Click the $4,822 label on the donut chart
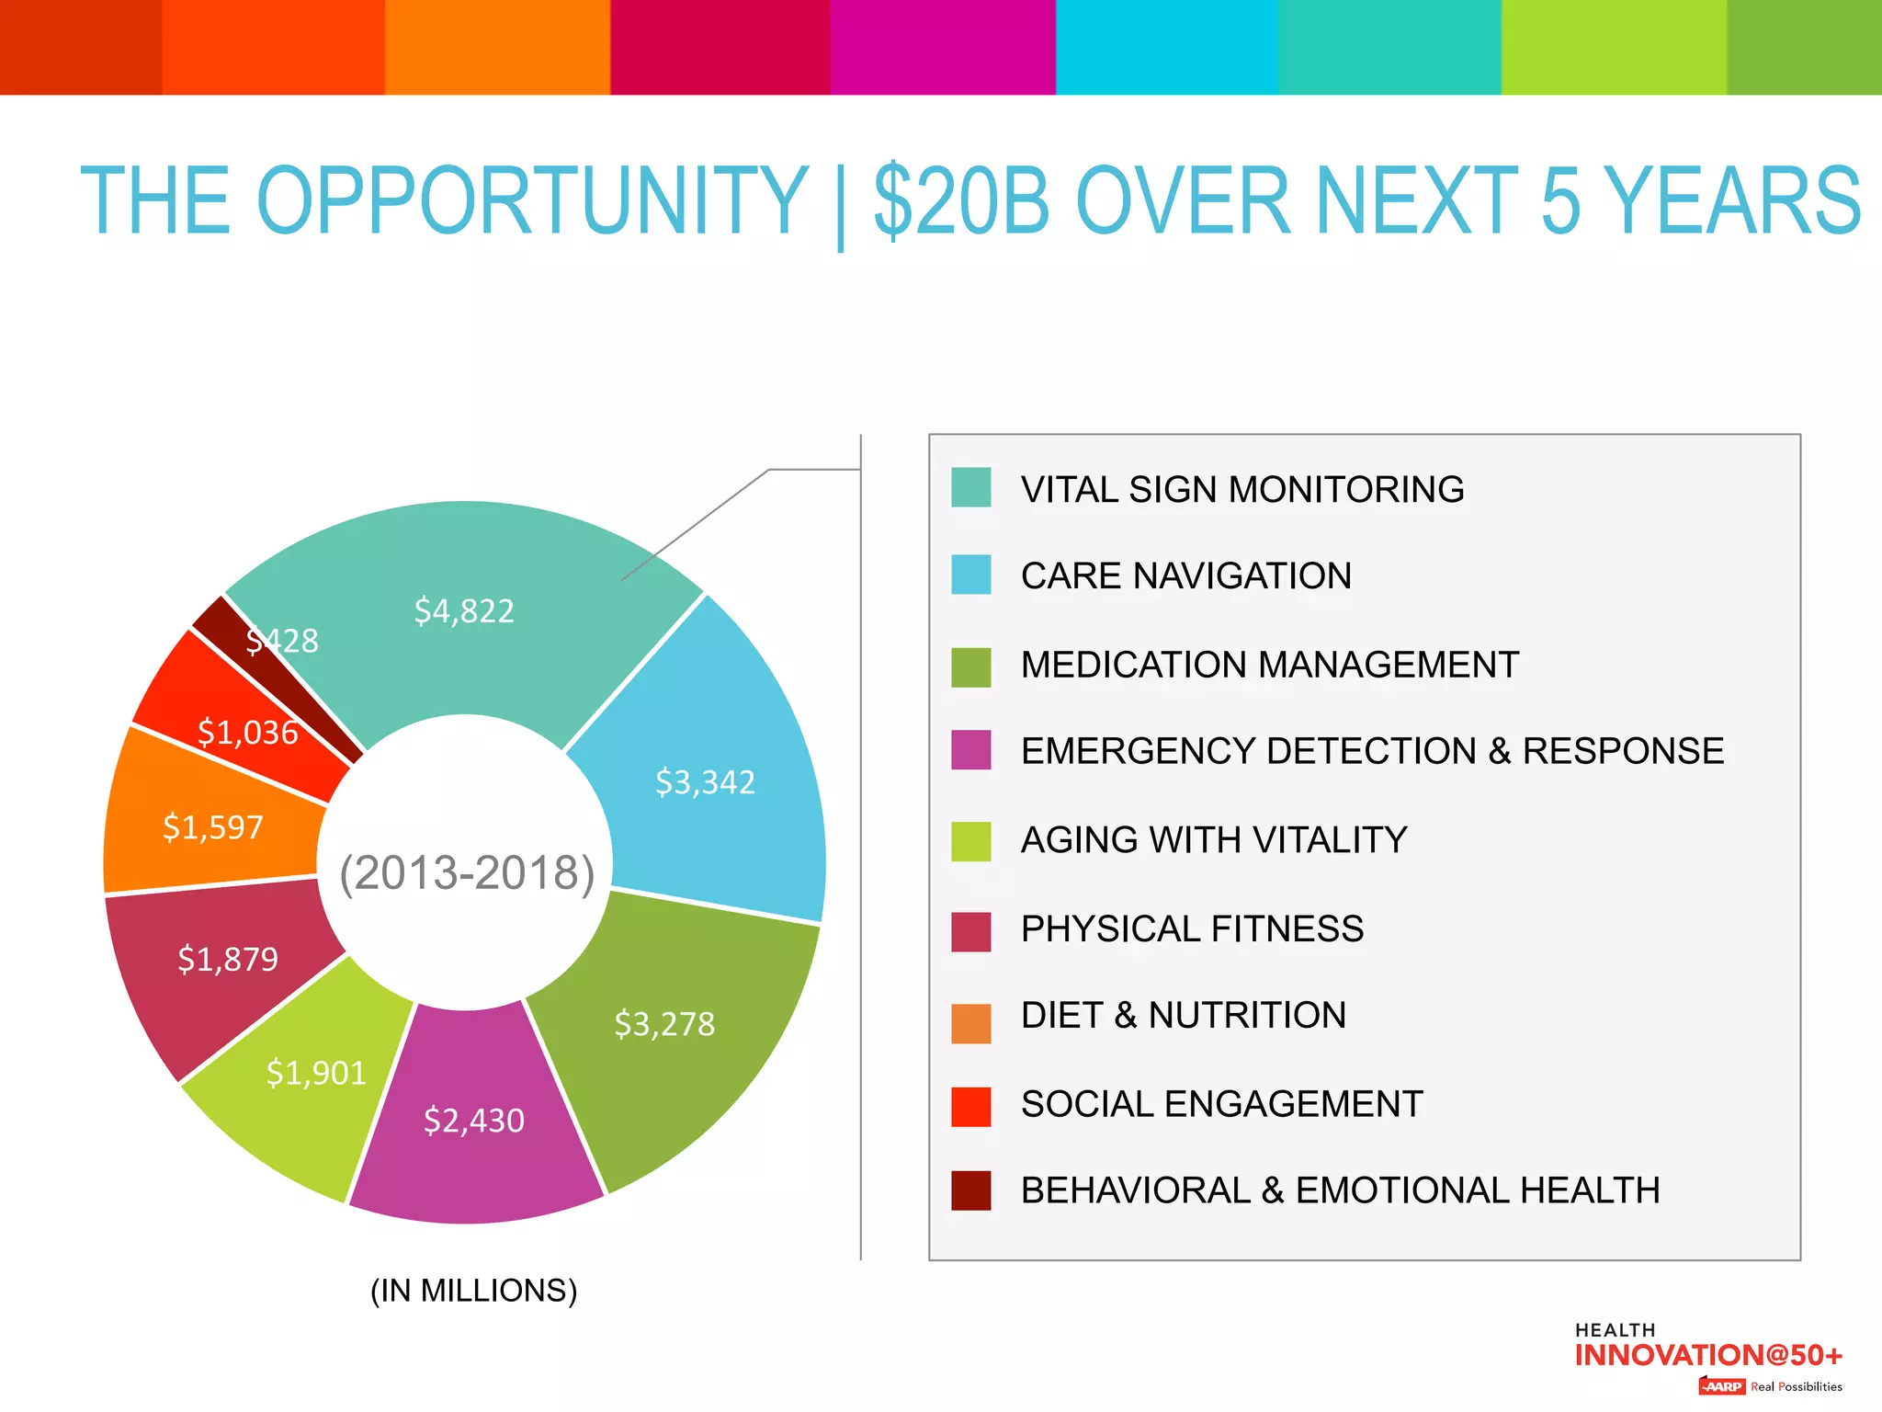click(464, 611)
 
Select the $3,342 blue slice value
click(705, 782)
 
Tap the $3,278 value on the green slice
click(664, 1024)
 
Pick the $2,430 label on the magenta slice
click(474, 1121)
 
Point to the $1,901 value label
click(316, 1073)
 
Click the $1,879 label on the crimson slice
click(228, 960)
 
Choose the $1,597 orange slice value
click(213, 827)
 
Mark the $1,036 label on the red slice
click(248, 733)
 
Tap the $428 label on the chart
click(282, 641)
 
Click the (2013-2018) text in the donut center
click(467, 872)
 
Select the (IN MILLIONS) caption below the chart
click(473, 1291)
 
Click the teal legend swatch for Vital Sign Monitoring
click(970, 487)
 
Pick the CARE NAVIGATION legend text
click(1185, 576)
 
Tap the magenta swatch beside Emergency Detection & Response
click(970, 750)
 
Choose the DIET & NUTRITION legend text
click(1184, 1016)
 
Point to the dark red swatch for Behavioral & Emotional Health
click(970, 1190)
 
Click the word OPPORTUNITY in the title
click(531, 200)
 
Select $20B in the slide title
click(961, 200)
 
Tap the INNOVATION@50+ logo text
click(1707, 1356)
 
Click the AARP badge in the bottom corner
click(1721, 1386)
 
